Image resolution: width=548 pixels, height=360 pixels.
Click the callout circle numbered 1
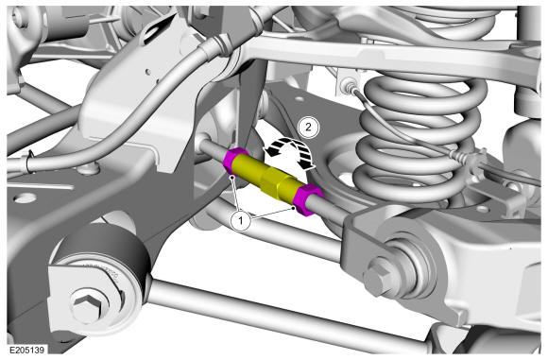[x=240, y=220]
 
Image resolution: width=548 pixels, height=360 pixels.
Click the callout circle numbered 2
[x=308, y=127]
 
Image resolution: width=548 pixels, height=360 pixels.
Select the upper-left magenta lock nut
[x=234, y=161]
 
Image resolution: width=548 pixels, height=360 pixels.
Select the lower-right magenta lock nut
[x=307, y=199]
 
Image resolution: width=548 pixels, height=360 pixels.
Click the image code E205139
[x=26, y=350]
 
